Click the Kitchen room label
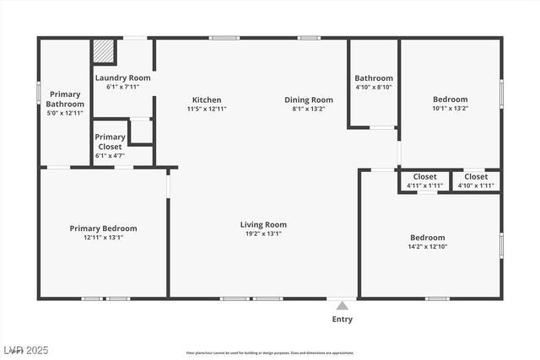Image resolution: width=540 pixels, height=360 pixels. coord(207,99)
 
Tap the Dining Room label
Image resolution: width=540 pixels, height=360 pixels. coord(308,99)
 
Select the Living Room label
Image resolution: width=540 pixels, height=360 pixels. coord(263,224)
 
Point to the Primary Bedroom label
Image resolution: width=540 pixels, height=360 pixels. coord(103,228)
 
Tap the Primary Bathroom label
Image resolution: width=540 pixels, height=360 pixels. coord(65,99)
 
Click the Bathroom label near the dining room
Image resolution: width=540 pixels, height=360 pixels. coord(374,78)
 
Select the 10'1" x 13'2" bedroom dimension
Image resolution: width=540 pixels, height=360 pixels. coord(450,108)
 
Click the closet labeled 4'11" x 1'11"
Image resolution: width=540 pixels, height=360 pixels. coord(424,185)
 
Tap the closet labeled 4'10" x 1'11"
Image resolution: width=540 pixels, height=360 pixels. coord(475,185)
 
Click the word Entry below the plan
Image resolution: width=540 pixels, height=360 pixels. coord(343,320)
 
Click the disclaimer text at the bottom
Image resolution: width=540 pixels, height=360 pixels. coord(270,353)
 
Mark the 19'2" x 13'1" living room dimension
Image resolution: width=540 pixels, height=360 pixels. coord(263,234)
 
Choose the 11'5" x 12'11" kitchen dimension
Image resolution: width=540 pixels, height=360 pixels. coord(207,109)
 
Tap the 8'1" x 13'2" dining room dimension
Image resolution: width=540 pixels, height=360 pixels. coord(308,109)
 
